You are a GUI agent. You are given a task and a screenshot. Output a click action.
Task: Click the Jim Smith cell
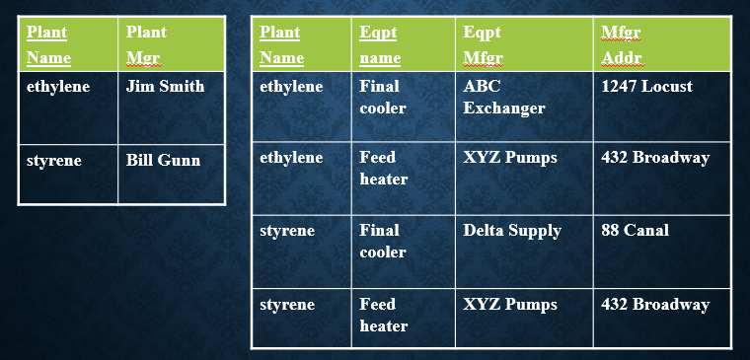click(165, 87)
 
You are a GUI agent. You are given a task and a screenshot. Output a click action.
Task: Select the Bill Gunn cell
click(163, 160)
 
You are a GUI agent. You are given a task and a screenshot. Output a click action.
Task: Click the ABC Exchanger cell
click(503, 97)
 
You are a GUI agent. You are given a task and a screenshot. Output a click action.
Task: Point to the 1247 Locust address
click(646, 87)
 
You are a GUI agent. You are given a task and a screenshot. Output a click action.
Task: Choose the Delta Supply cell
click(511, 231)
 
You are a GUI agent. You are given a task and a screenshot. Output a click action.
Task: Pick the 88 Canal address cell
click(635, 231)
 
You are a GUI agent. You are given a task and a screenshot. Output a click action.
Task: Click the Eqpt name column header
click(380, 44)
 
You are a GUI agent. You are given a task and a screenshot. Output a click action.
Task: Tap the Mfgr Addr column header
click(622, 44)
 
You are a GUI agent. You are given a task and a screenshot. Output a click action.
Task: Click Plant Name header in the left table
click(48, 44)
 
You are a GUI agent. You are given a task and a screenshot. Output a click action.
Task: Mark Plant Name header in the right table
click(281, 44)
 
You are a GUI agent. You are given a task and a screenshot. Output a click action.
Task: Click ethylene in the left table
click(58, 87)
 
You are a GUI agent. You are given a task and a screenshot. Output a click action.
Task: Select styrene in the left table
click(54, 160)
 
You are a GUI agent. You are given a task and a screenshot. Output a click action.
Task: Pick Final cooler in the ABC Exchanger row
click(382, 97)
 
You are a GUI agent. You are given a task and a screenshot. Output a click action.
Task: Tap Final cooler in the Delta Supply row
click(382, 241)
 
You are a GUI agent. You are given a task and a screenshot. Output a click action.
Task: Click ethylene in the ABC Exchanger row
click(291, 87)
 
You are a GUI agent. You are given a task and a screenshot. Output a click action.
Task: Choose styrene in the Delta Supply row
click(287, 231)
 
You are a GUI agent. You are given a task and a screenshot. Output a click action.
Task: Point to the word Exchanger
click(503, 108)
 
